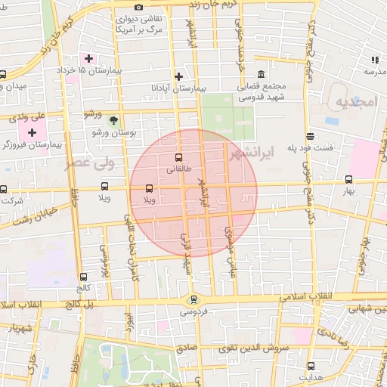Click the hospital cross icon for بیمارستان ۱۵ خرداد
[89, 58]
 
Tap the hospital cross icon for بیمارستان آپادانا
[178, 76]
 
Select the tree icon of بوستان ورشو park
[113, 119]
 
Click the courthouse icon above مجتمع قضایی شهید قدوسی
[261, 74]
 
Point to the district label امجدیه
[355, 102]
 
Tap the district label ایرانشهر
[253, 150]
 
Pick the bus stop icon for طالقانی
[178, 158]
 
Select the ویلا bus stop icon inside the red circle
[148, 187]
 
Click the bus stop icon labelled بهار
[348, 179]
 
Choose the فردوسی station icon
[193, 299]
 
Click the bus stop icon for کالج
[82, 277]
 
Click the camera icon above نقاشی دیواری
[138, 8]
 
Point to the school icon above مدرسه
[374, 59]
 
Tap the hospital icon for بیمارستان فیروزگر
[31, 132]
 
